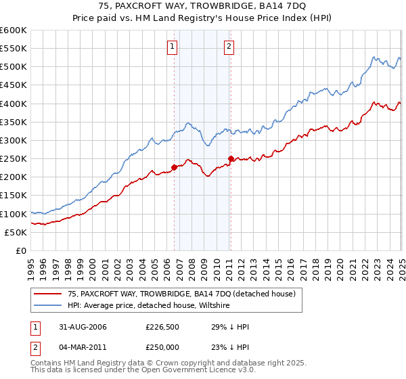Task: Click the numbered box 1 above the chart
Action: [x=172, y=47]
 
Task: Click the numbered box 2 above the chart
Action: [x=229, y=47]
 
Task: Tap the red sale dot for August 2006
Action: [x=174, y=167]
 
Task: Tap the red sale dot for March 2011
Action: [x=230, y=159]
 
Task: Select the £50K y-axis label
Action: [x=16, y=232]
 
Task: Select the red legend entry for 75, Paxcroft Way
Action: [x=181, y=294]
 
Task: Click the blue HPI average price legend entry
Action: [x=149, y=306]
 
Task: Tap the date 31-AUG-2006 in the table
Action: [x=76, y=327]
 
